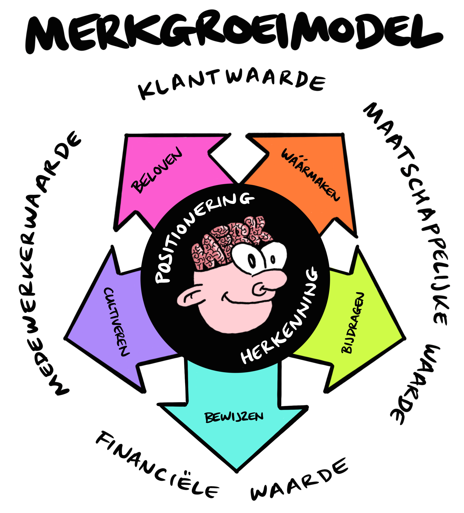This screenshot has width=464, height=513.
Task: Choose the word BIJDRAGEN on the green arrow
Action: pos(353,323)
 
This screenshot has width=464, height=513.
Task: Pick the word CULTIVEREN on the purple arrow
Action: pos(116,322)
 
